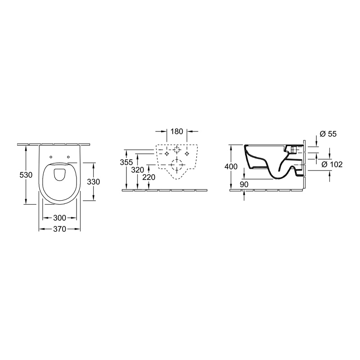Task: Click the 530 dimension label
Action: point(26,175)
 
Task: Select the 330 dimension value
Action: point(94,182)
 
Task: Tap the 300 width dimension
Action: point(59,218)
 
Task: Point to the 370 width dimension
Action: point(59,229)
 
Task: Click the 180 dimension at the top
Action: point(177,131)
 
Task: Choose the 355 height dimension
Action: point(126,162)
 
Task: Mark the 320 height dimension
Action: point(138,170)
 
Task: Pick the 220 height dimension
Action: point(149,177)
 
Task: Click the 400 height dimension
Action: point(231,166)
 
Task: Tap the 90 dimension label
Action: point(244,184)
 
